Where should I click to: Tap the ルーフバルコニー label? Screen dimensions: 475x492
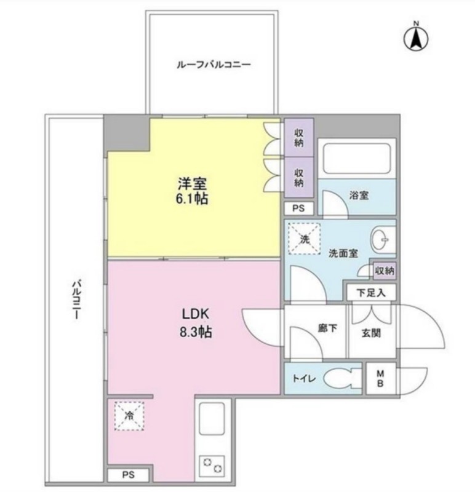click(x=214, y=65)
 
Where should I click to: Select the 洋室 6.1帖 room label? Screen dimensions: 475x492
click(x=192, y=191)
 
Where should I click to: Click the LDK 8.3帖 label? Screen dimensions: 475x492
click(x=195, y=323)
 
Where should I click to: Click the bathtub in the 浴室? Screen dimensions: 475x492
click(x=356, y=158)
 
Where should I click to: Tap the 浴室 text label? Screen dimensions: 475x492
click(x=359, y=196)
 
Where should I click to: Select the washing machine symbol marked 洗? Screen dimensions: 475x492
click(x=304, y=239)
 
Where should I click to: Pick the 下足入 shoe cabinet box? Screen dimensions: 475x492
click(x=371, y=293)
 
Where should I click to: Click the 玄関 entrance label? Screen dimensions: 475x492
click(x=372, y=333)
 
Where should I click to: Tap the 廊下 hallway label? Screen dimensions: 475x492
click(x=328, y=328)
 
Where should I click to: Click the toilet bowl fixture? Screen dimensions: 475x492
click(x=342, y=378)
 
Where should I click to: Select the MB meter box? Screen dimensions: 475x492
click(x=380, y=378)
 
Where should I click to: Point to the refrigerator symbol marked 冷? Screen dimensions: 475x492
click(x=129, y=416)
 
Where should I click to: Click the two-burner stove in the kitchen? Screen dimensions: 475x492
click(x=212, y=466)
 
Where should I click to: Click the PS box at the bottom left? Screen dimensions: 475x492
click(x=129, y=475)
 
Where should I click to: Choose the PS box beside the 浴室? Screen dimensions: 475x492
click(x=298, y=208)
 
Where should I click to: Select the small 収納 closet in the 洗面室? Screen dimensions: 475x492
click(x=385, y=271)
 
